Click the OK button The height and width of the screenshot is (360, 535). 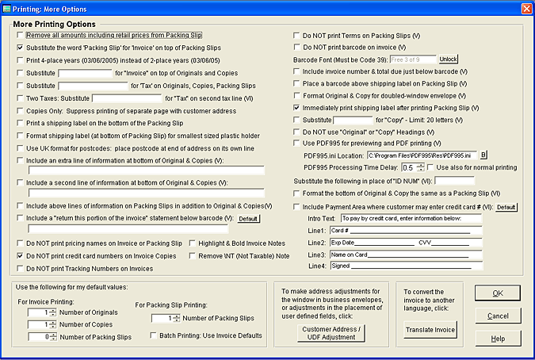(x=498, y=293)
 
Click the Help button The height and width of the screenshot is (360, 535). (x=498, y=339)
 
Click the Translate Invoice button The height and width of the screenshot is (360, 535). (x=430, y=329)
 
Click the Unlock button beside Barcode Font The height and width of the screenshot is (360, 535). (x=449, y=59)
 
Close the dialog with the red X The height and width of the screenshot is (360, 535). (x=525, y=8)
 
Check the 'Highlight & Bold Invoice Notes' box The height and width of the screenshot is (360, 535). (x=193, y=243)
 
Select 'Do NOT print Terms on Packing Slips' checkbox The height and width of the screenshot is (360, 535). (x=296, y=36)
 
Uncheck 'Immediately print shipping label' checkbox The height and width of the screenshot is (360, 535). (x=296, y=106)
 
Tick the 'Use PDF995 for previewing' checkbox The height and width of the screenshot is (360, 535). (x=296, y=143)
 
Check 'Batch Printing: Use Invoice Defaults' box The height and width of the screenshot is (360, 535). (x=154, y=335)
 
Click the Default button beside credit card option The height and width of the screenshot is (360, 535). (x=506, y=207)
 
